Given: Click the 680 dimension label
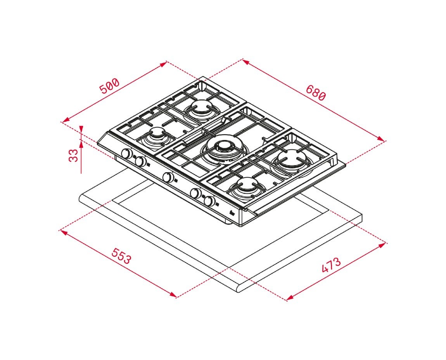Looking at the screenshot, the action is [315, 93].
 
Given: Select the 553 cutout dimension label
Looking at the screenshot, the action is [121, 256].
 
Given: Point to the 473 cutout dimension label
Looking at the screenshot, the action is [331, 265].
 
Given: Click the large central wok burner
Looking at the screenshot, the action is [225, 150].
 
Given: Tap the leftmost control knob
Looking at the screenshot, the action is [126, 154].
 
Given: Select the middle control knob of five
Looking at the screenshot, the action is [168, 178].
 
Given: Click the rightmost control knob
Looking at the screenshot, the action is [210, 201].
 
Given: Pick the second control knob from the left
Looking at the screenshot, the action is [140, 162].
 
